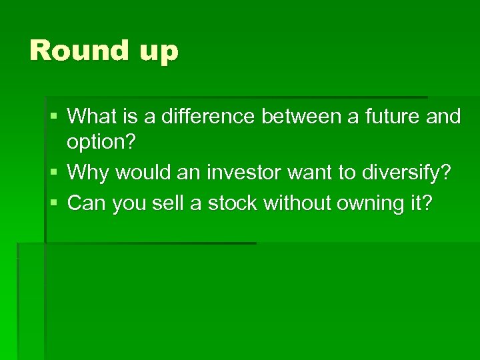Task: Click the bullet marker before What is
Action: coord(53,117)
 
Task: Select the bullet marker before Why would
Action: coord(53,173)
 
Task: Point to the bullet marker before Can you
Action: coord(53,203)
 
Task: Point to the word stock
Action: coord(232,203)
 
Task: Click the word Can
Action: coord(87,203)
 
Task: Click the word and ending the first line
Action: coord(443,117)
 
